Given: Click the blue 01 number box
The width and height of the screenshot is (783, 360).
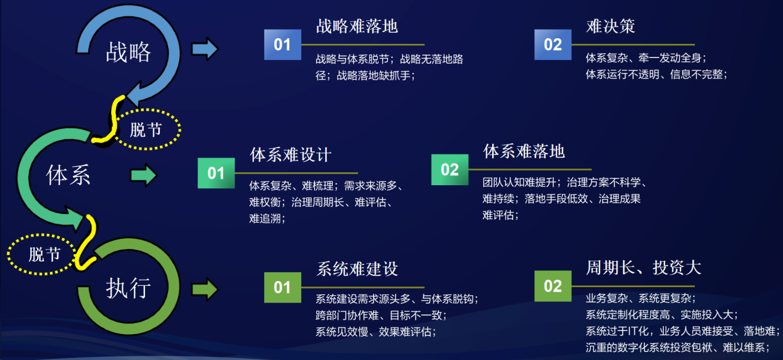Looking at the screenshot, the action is click(282, 44).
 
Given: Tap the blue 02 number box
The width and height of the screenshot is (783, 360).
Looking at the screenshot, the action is click(553, 44).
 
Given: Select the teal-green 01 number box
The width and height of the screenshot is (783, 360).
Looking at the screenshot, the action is click(216, 173).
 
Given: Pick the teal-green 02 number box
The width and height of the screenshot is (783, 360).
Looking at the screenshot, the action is click(450, 170).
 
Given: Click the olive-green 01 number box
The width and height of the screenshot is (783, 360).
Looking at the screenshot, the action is click(282, 287).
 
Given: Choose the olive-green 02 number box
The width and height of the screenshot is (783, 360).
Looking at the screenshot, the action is click(553, 286).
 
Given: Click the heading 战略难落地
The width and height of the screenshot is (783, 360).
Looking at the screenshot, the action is click(357, 26).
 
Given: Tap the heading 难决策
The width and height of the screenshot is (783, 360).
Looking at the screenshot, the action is click(611, 26).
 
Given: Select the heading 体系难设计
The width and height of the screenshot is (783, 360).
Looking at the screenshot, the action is click(290, 154).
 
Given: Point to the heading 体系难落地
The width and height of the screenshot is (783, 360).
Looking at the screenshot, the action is click(524, 151).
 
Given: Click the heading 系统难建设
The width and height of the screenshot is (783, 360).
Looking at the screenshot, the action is click(358, 269).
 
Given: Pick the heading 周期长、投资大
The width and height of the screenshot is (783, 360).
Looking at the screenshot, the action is click(643, 268).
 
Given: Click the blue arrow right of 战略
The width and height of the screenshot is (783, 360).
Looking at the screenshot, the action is click(205, 49).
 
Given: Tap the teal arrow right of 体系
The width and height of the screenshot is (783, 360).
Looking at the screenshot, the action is click(144, 175).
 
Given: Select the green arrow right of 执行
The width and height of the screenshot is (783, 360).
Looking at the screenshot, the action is click(205, 290).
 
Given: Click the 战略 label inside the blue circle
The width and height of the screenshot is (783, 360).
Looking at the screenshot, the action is click(128, 52).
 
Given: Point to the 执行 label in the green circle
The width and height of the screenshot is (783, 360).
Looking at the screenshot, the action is click(128, 288).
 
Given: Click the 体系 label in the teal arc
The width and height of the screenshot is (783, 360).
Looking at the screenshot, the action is click(68, 174).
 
